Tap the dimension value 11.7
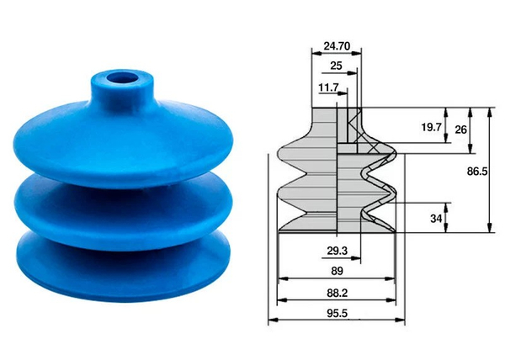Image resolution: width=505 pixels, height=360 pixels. pos(328,87)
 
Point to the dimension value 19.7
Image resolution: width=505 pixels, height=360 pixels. pos(431,127)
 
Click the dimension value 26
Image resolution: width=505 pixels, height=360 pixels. pos(460,129)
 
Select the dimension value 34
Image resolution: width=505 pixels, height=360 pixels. pos(435,219)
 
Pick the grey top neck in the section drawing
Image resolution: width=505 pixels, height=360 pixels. pos(325,126)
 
